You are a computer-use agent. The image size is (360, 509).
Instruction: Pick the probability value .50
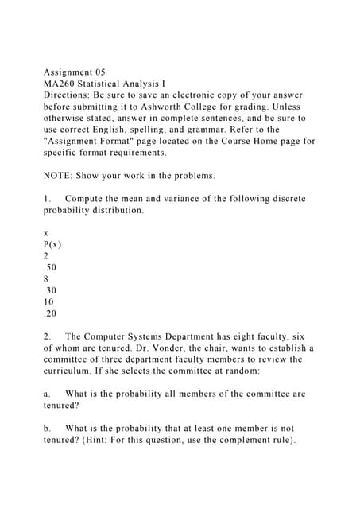pyautogui.click(x=50, y=268)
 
